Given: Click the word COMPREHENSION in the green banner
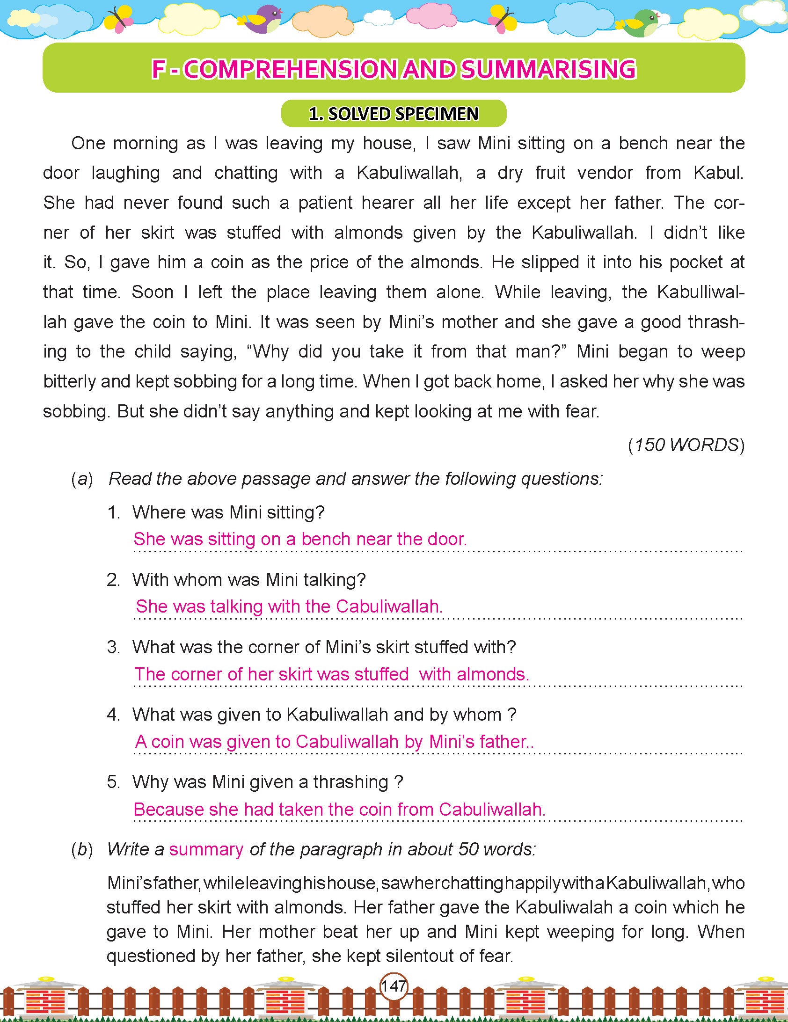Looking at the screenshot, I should pos(290,69).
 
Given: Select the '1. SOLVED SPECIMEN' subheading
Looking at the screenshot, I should pos(394,114).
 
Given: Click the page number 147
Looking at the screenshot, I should pos(394,986).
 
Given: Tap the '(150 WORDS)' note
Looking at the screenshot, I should pos(686,445).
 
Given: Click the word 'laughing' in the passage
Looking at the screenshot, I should pos(125,173).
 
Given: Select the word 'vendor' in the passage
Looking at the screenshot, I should pos(605,173).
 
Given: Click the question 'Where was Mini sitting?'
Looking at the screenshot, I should pos(228,512).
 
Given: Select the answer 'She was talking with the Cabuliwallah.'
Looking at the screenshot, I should pos(289,606).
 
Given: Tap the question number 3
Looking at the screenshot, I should pos(113,647).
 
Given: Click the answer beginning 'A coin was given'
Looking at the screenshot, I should pos(334,742).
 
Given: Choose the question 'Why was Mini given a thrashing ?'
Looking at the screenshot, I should pos(267,782).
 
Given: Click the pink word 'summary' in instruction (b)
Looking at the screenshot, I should pos(206,849).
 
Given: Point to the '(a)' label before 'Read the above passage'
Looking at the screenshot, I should pos(82,479).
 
